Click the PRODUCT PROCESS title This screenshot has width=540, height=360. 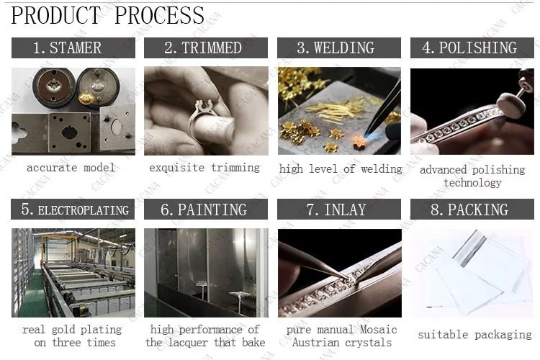tap(108, 15)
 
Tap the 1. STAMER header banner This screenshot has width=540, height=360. tap(73, 48)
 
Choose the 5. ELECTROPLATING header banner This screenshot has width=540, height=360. tap(73, 210)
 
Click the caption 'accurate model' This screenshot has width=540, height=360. tap(71, 168)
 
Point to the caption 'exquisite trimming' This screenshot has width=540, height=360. tap(204, 168)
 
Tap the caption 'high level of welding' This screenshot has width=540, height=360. tap(341, 169)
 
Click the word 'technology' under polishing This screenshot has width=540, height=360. tap(472, 183)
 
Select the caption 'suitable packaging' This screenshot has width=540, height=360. tap(474, 335)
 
